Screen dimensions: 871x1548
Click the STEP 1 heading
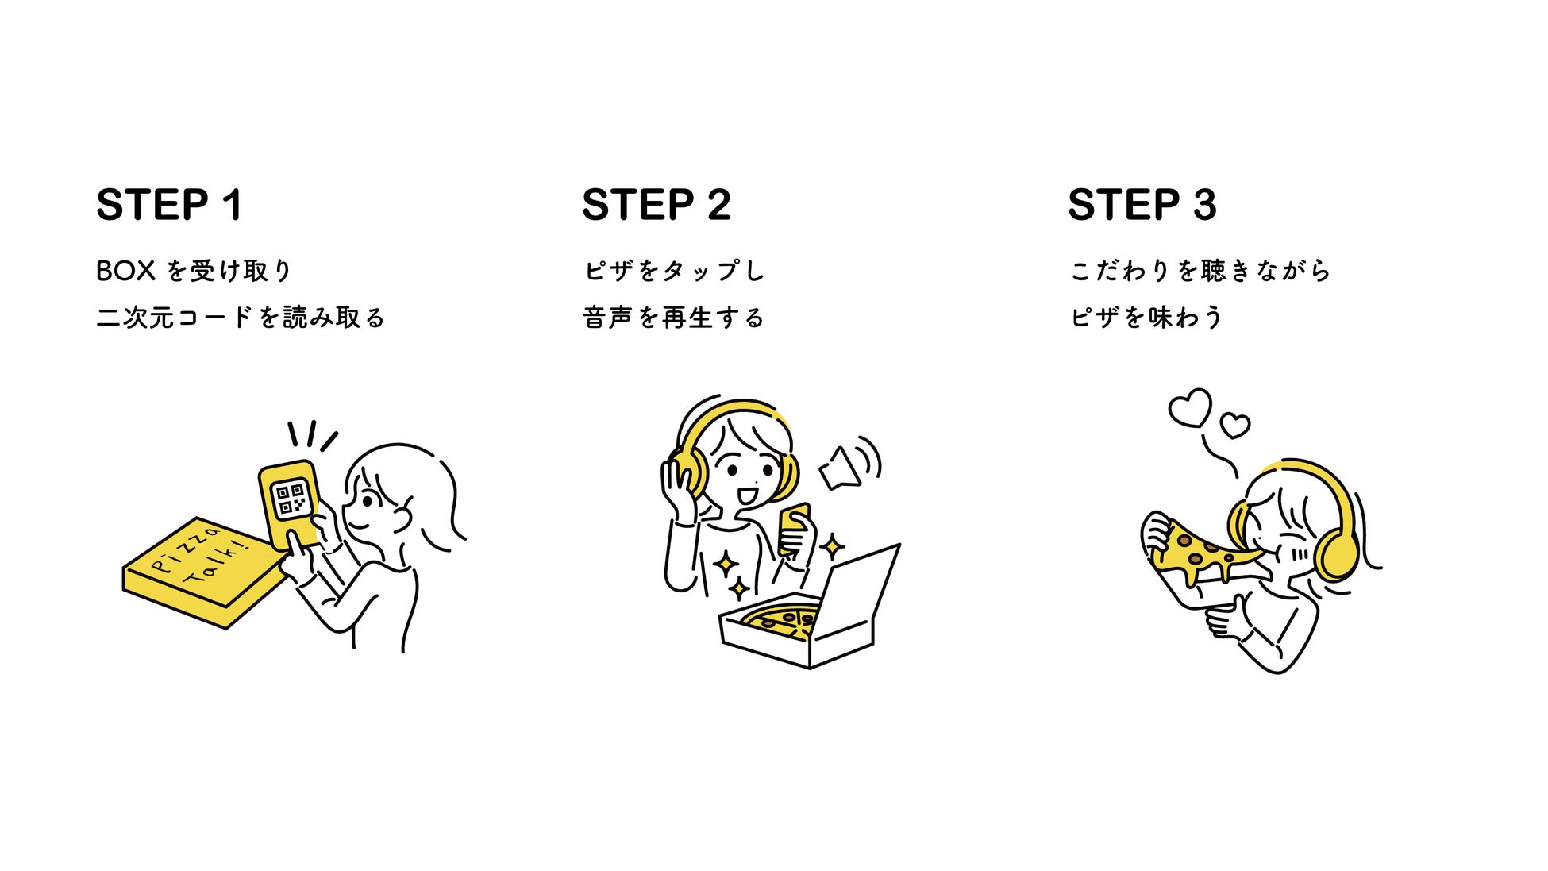(x=169, y=205)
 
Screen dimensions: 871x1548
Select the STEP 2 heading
(x=656, y=205)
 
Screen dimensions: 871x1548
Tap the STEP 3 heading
(x=1142, y=205)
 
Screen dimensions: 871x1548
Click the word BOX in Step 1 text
(x=125, y=271)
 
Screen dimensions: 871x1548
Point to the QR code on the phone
(x=290, y=499)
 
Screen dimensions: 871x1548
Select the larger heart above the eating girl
(x=1190, y=408)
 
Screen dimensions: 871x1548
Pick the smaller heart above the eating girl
(x=1234, y=426)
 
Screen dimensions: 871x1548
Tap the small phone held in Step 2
(x=793, y=524)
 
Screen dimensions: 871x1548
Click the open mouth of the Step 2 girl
(x=747, y=496)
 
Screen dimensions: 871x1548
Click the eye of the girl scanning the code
(x=369, y=501)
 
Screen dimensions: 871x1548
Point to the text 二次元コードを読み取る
(x=241, y=318)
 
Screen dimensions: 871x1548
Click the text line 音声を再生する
(x=673, y=318)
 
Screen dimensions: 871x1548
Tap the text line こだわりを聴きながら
(x=1200, y=271)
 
